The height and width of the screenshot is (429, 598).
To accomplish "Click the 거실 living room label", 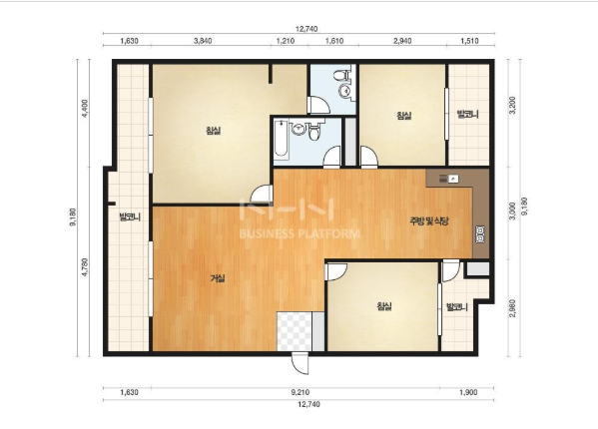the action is point(218,278).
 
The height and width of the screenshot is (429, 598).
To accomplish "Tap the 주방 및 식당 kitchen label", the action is point(428,220).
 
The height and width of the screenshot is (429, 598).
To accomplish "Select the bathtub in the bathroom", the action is point(282,140).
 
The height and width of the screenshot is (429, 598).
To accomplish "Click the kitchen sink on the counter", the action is point(448,179).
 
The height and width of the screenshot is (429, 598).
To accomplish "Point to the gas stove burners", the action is point(480,234).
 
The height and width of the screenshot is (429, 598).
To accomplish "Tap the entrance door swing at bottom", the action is point(300,363).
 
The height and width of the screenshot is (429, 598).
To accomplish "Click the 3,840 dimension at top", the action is point(203,41).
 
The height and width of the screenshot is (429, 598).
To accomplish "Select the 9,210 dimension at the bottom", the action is point(300,392).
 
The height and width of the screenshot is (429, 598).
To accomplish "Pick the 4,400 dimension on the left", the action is point(85,108).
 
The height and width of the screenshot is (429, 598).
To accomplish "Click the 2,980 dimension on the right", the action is point(512,308).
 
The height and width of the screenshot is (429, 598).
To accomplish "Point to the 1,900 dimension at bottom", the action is point(468,392).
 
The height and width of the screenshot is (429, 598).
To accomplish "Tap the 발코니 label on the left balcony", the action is point(130,217).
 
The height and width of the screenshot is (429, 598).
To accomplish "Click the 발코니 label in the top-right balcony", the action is point(467,114).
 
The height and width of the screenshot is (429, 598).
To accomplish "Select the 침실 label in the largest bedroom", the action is point(214,131).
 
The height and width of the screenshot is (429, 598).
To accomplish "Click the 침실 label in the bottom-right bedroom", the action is point(383,306).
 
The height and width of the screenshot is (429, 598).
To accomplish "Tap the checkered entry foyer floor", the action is point(295,331).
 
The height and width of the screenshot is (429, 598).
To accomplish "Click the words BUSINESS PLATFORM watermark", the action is point(299,233).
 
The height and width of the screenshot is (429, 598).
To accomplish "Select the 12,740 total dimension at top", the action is point(306,29).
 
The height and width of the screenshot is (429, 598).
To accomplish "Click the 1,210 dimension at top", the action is point(286,41).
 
